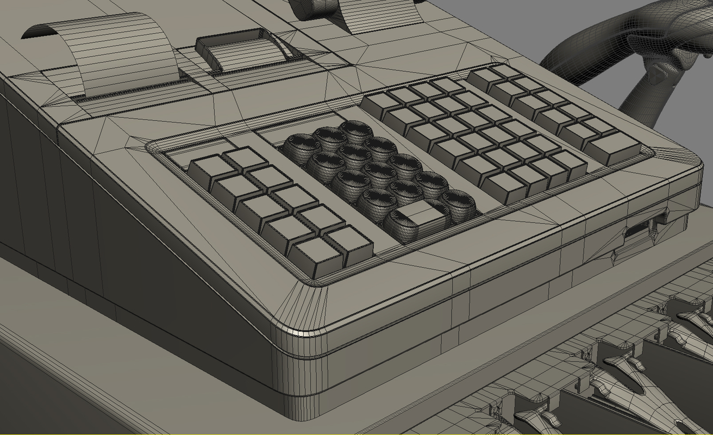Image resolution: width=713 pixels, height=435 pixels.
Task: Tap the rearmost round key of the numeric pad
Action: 355,130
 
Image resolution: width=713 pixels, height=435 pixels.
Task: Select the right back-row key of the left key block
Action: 244,158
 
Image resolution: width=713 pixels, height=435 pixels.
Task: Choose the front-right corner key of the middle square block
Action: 568,162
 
